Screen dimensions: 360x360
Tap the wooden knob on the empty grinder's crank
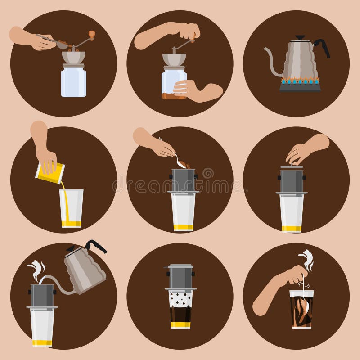point(92,33)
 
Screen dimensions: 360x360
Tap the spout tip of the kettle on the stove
point(265,50)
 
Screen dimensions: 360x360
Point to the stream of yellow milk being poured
point(64,198)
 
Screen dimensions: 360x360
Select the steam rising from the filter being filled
point(36,270)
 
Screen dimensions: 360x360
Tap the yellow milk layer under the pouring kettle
point(42,343)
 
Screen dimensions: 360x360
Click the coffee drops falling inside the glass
point(181,297)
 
